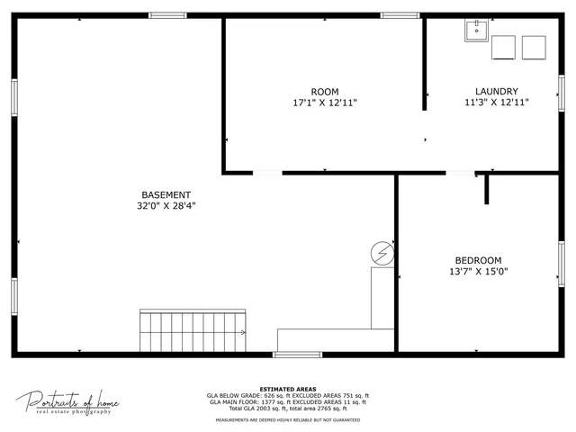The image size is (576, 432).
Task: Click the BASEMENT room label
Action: click(x=166, y=194)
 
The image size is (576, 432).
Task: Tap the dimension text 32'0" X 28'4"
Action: click(x=166, y=206)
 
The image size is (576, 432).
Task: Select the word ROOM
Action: click(x=325, y=92)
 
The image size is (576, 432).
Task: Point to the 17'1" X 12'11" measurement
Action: click(x=325, y=103)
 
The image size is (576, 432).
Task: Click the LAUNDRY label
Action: click(x=497, y=92)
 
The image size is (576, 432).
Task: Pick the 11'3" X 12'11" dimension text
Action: click(x=497, y=103)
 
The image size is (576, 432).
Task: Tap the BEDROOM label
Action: click(x=478, y=260)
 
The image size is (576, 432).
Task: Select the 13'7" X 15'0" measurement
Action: click(x=478, y=272)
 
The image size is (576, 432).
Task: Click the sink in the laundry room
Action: click(x=476, y=31)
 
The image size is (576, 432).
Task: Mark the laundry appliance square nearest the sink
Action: click(x=503, y=47)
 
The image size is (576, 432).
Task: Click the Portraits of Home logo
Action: click(x=67, y=402)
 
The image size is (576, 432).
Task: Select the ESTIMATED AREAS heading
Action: click(x=287, y=389)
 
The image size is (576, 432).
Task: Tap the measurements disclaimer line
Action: click(x=287, y=419)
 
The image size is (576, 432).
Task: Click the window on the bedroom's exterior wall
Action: click(x=562, y=264)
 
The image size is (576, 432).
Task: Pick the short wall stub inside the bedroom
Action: click(x=486, y=189)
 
